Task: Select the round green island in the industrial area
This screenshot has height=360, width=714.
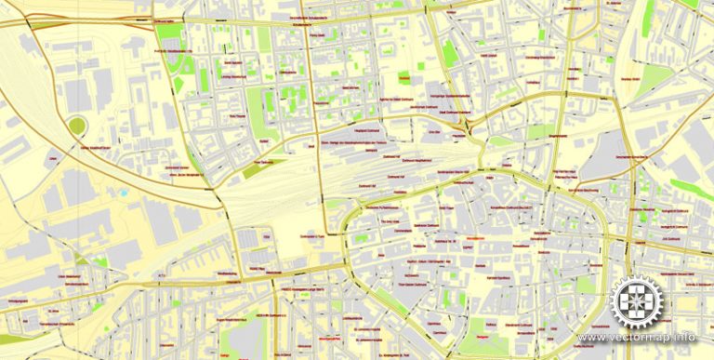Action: [76, 126]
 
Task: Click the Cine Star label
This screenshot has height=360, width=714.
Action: [433, 132]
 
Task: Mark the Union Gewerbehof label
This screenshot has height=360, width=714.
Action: [72, 276]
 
